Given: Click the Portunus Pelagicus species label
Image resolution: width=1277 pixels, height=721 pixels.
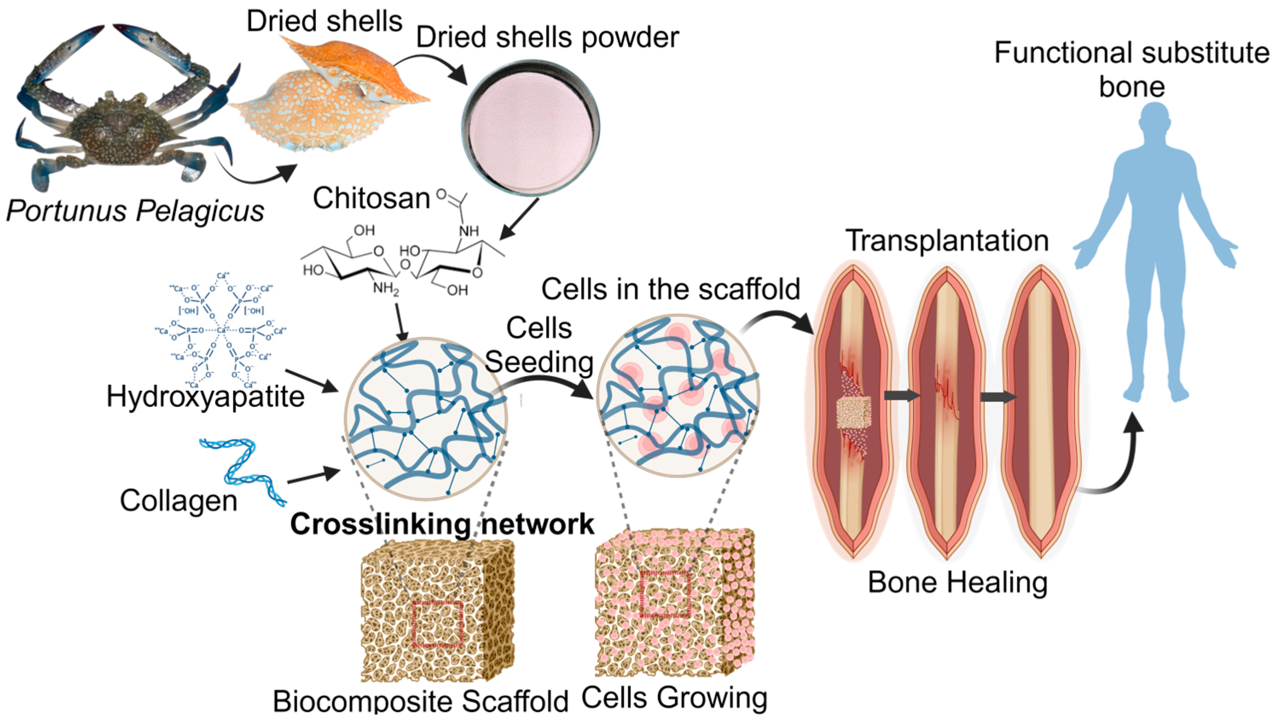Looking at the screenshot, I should click(x=135, y=211).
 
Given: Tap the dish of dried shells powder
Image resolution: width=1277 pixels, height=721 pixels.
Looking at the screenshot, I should click(x=530, y=126).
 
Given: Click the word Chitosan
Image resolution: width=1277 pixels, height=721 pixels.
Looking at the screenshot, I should click(x=371, y=198).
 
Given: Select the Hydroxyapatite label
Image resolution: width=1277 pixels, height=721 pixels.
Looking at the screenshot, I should click(x=205, y=397).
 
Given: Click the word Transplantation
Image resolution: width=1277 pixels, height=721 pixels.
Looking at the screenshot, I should click(x=947, y=241).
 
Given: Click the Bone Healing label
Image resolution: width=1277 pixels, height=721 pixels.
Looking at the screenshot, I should click(x=957, y=582).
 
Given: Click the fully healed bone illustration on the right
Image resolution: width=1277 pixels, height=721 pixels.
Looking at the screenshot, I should click(x=1041, y=412).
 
